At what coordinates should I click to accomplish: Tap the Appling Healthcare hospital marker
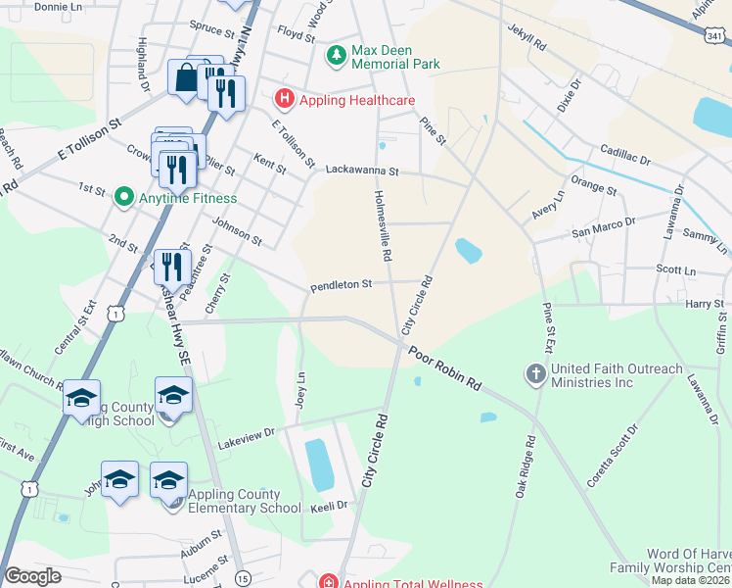click(x=284, y=100)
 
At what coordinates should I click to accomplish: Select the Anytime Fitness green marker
click(x=123, y=197)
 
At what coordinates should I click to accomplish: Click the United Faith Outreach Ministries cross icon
click(x=535, y=373)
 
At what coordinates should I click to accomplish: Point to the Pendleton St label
click(x=342, y=286)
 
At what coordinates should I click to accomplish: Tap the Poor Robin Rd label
click(x=445, y=367)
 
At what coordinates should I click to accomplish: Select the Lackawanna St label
click(x=363, y=171)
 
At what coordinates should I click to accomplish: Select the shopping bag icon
click(x=185, y=77)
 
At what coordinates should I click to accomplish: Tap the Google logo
click(x=33, y=576)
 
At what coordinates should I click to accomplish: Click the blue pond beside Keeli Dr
click(x=319, y=465)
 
